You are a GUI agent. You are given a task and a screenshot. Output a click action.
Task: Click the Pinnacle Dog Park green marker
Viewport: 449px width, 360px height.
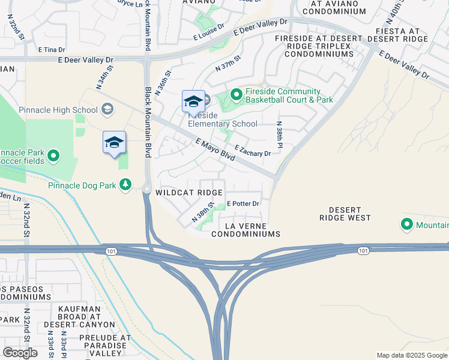(125, 184)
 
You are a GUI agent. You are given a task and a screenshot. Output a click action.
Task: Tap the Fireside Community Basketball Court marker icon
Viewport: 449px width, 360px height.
(236, 95)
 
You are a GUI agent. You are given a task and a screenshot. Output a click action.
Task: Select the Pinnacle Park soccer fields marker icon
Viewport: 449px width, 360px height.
(53, 156)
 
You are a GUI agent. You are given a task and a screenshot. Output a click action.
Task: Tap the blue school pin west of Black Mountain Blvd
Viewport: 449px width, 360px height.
(114, 143)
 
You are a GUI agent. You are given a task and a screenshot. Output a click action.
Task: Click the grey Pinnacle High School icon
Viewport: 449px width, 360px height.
(107, 109)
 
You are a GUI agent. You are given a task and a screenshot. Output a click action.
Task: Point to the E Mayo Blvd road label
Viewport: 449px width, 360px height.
(214, 150)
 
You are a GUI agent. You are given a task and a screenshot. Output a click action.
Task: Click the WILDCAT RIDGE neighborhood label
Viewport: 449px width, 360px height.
(188, 193)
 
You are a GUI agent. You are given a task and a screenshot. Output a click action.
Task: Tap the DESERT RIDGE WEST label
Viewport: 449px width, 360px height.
(345, 214)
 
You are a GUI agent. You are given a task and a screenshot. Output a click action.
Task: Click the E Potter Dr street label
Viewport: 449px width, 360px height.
(243, 204)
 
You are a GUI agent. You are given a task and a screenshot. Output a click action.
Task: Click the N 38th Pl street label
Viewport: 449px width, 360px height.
(279, 135)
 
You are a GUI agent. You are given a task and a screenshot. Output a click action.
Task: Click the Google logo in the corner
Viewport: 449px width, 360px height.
(20, 353)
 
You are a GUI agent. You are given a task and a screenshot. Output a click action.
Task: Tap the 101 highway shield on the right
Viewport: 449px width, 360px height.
(363, 250)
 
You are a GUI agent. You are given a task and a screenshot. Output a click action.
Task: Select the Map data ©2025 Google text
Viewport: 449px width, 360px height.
(412, 355)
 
